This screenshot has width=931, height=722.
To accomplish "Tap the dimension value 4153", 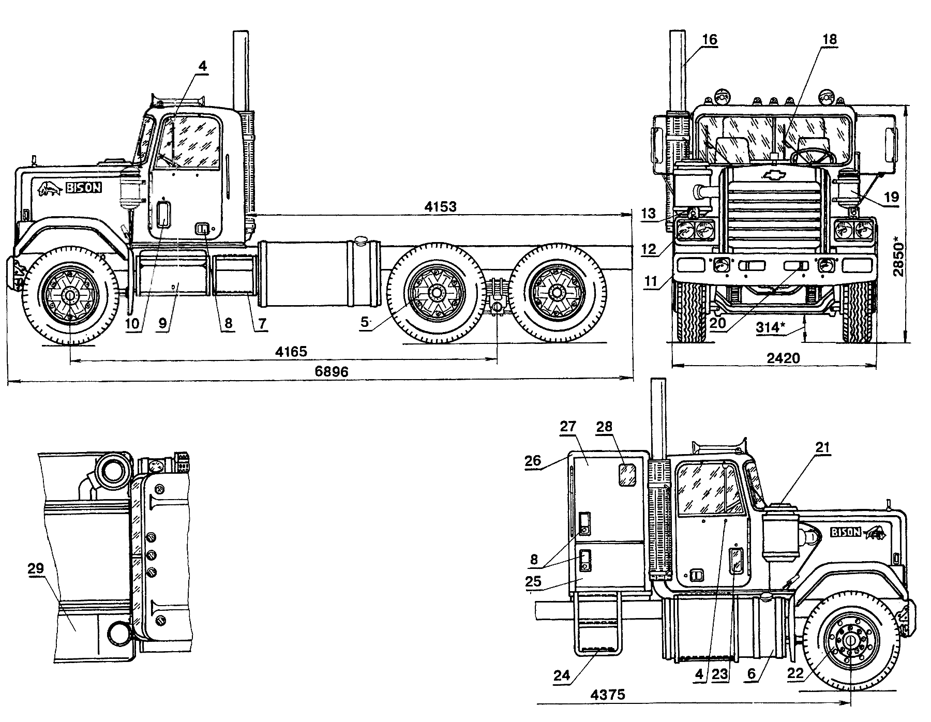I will pos(440,207).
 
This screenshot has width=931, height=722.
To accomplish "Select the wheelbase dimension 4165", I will pos(291,352).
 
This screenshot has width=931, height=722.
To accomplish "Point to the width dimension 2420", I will pos(784,358).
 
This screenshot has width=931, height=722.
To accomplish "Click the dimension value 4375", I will pos(608,695).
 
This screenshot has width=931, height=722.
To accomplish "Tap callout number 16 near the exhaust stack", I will pos(710,40).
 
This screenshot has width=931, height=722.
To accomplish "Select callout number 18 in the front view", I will pos(829,40).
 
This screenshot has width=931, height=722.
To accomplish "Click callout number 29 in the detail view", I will pos(37,568).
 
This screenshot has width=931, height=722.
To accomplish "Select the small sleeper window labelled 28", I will pos(627,475).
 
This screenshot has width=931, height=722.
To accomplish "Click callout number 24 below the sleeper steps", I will pos(562,675).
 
